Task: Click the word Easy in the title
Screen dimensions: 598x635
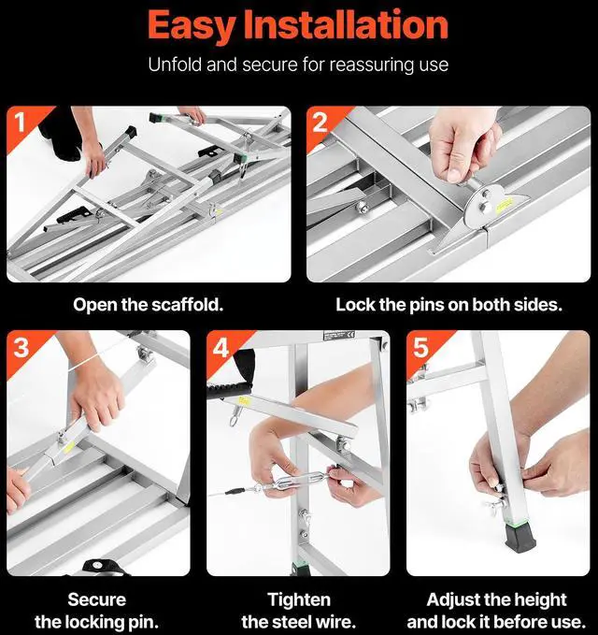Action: [191, 26]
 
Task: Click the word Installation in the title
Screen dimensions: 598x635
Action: [347, 24]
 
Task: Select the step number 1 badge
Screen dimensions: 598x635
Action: [20, 122]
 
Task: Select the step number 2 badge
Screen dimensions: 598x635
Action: [320, 122]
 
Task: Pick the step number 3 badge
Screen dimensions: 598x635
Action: [21, 347]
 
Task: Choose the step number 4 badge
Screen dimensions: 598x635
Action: [221, 347]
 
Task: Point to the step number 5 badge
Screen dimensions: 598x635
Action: [420, 347]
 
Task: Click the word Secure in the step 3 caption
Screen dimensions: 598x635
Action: [96, 599]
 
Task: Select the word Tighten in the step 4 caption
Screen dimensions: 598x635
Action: [299, 599]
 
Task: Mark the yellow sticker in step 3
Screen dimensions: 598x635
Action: [69, 447]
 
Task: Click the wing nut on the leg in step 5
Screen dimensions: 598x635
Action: [495, 504]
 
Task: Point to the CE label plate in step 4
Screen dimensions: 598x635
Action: [339, 336]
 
